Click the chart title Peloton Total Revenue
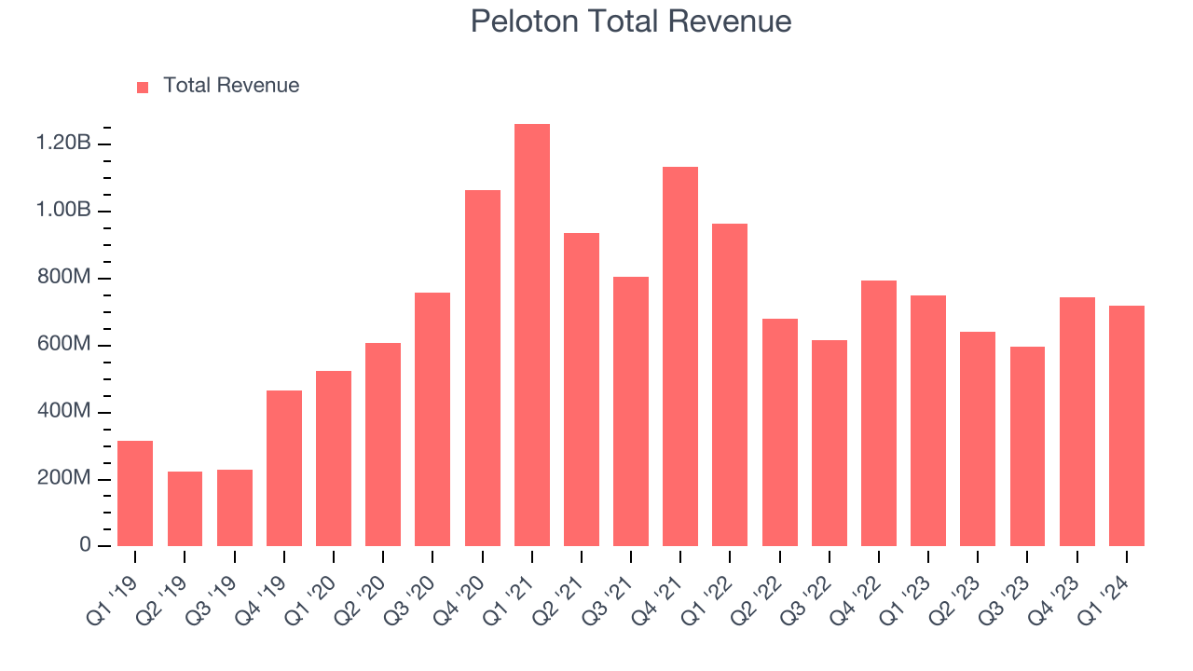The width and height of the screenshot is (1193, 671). click(x=631, y=21)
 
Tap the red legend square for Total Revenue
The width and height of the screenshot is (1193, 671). click(x=143, y=88)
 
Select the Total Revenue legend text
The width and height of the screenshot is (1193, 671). click(x=231, y=86)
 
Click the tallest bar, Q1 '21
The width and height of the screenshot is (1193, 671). click(x=532, y=335)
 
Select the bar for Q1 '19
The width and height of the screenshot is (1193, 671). click(x=135, y=494)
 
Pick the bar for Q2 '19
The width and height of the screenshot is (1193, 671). click(x=185, y=509)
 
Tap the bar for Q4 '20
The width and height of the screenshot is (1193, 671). click(x=483, y=368)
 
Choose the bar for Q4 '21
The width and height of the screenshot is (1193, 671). click(x=680, y=356)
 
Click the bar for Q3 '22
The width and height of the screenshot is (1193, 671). click(x=829, y=444)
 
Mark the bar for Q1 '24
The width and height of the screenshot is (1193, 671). click(x=1126, y=426)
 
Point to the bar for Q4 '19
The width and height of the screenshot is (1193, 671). click(x=284, y=469)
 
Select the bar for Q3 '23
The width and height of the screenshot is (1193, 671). click(x=1027, y=446)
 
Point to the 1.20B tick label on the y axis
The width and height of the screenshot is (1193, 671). click(x=63, y=144)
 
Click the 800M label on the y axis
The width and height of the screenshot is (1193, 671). click(x=63, y=278)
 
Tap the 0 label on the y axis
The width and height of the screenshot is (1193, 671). click(x=86, y=545)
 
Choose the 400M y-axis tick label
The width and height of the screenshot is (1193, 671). click(x=63, y=412)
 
